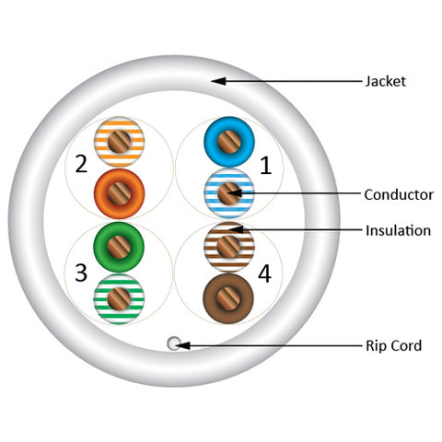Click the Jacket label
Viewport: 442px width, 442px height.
pyautogui.click(x=386, y=82)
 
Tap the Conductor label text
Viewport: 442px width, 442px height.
pyautogui.click(x=399, y=195)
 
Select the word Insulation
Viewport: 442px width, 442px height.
pyautogui.click(x=398, y=230)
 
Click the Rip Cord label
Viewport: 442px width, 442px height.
pyautogui.click(x=394, y=345)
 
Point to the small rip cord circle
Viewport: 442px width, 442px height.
pyautogui.click(x=174, y=343)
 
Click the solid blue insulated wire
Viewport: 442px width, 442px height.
pyautogui.click(x=229, y=142)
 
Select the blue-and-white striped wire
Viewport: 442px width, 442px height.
pyautogui.click(x=229, y=193)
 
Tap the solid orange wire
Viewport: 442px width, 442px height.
pyautogui.click(x=119, y=193)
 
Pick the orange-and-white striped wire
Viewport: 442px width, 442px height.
pyautogui.click(x=119, y=142)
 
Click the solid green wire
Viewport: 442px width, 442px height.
pyautogui.click(x=119, y=247)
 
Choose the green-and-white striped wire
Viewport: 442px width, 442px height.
pyautogui.click(x=119, y=299)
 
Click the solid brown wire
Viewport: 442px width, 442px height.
pyautogui.click(x=228, y=298)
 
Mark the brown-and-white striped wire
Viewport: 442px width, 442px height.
pyautogui.click(x=229, y=247)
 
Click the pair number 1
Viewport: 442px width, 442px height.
pyautogui.click(x=266, y=165)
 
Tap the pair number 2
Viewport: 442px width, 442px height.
pyautogui.click(x=81, y=164)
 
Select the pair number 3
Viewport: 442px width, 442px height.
pyautogui.click(x=81, y=273)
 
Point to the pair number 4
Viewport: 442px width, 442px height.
pyautogui.click(x=264, y=273)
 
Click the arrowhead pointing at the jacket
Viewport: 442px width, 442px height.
pyautogui.click(x=218, y=81)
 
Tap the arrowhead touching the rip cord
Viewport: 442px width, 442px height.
pyautogui.click(x=183, y=345)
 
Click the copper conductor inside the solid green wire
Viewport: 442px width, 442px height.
pyautogui.click(x=119, y=247)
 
